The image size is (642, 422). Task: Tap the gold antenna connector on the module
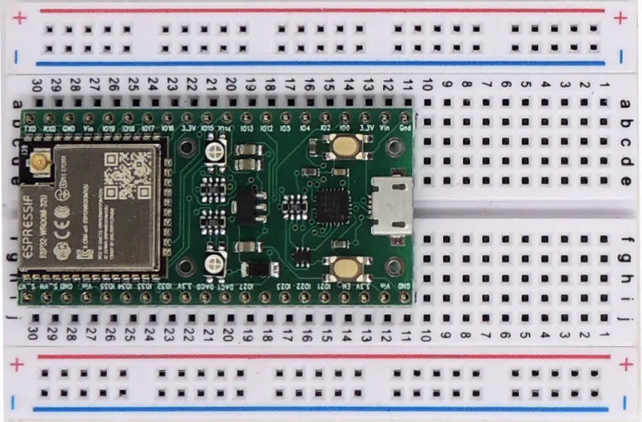point(38,161)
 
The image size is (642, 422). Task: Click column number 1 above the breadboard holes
point(604,85)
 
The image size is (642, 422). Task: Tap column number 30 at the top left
point(36,85)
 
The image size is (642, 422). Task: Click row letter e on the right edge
point(627,180)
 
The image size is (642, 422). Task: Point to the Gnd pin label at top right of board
point(405,129)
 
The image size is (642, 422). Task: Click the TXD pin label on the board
point(31,130)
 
